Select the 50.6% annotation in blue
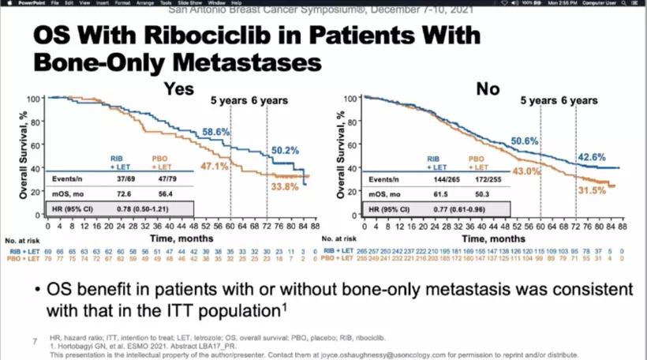(x=524, y=141)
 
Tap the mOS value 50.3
(x=479, y=194)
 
